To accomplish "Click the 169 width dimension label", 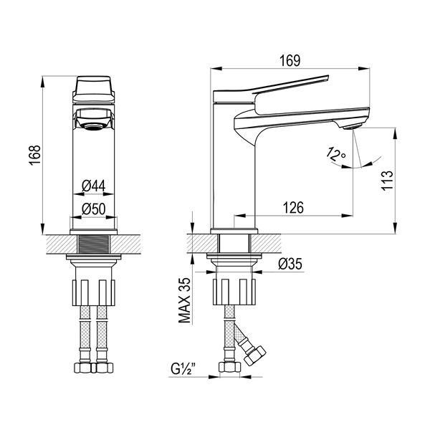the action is point(290,61).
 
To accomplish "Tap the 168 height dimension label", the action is point(35,155).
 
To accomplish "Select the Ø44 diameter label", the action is point(93,186).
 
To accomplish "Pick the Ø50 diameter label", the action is point(93,209).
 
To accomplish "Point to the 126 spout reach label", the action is point(293,208).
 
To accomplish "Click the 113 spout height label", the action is point(387,181).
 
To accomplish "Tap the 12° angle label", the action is point(335,154).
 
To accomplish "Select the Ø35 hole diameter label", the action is point(290,264).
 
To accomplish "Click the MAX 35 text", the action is point(184,300).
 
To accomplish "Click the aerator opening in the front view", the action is point(93,126).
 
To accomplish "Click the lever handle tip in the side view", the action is point(326,78).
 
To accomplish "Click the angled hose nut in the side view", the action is point(255,356).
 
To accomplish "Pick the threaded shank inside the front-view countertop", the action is point(94,244).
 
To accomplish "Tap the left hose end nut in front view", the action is point(84,368).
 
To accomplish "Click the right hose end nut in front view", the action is point(104,368).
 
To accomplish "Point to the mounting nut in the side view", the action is point(234,292).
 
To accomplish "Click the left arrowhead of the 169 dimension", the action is point(216,69).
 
